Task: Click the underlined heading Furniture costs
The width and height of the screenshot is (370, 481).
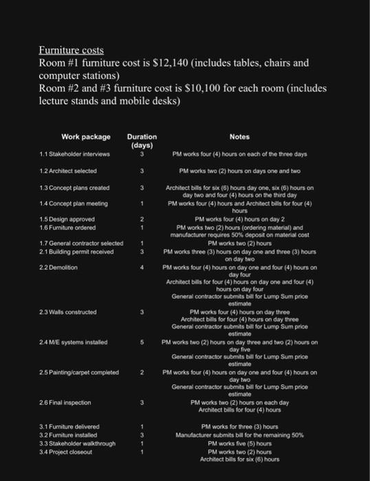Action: (x=71, y=51)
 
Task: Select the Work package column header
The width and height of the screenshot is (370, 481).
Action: (x=85, y=137)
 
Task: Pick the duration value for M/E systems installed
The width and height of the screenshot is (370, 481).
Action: (x=141, y=341)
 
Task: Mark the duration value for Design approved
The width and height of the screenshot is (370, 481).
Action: (x=141, y=219)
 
